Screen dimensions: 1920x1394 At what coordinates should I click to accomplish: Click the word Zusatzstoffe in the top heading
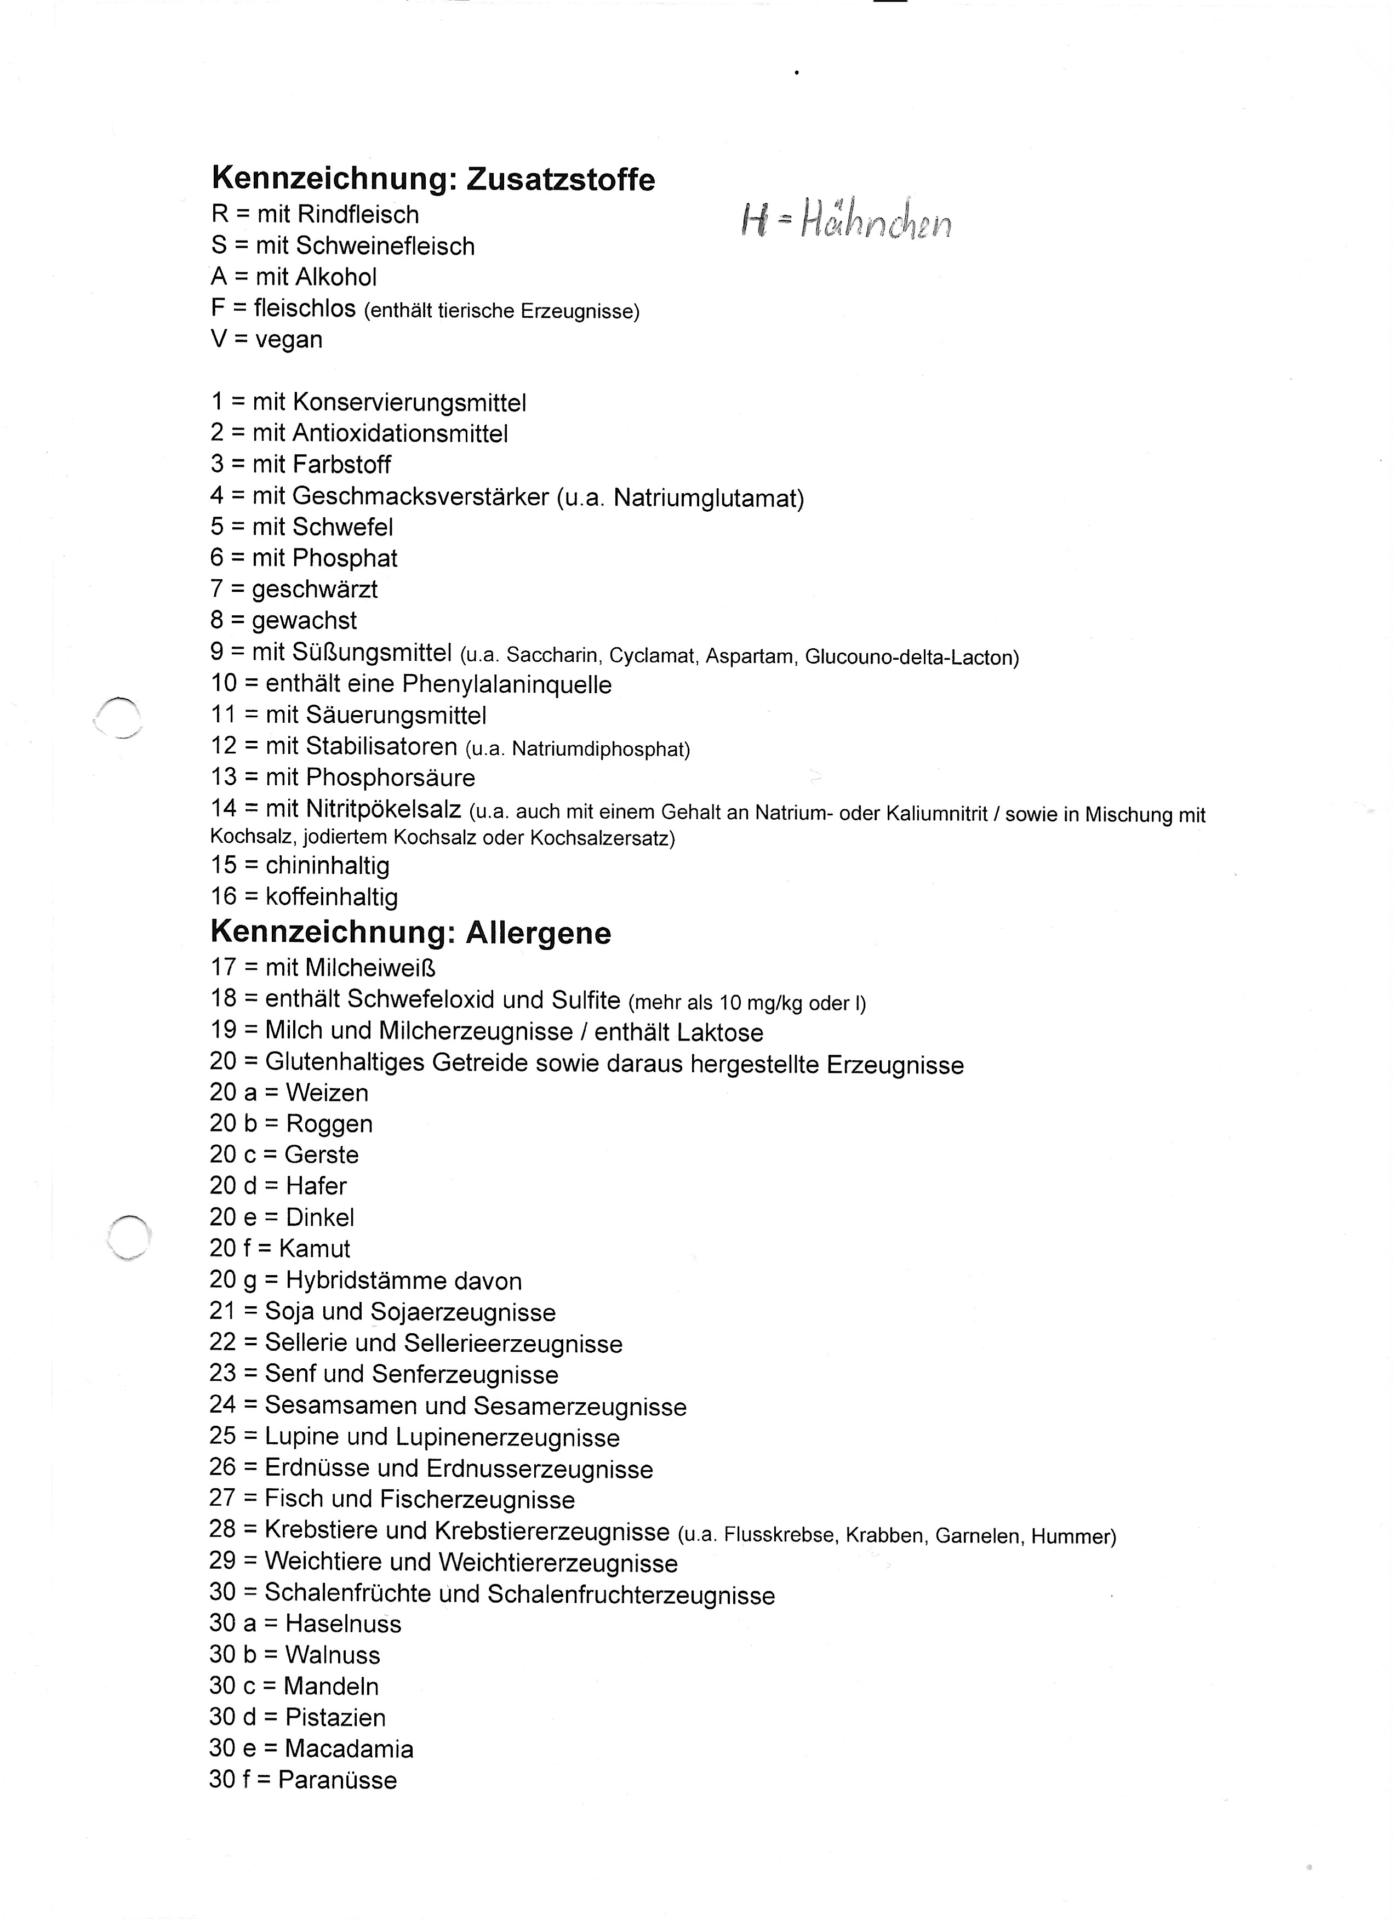point(561,180)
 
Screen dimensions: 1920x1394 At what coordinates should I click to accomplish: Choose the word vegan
point(289,340)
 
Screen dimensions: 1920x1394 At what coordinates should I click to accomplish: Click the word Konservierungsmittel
point(409,403)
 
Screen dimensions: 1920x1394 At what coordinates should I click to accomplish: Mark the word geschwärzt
point(315,589)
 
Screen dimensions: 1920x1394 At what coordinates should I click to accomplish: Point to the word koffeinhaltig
point(331,898)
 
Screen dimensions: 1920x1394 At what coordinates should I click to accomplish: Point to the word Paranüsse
point(337,1780)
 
